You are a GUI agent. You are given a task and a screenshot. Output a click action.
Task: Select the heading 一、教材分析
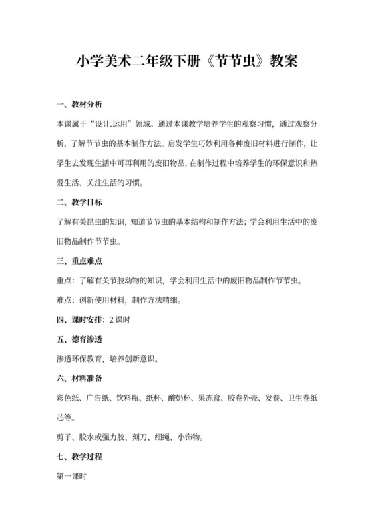(x=79, y=105)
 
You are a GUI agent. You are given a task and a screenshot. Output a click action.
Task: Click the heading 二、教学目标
(x=79, y=201)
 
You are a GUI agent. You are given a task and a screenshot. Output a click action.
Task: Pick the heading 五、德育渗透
(x=79, y=339)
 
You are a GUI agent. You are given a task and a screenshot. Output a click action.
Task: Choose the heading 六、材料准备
(x=79, y=378)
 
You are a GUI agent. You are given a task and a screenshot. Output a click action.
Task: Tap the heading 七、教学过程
(x=79, y=457)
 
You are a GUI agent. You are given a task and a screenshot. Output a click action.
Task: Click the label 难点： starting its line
(x=69, y=299)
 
